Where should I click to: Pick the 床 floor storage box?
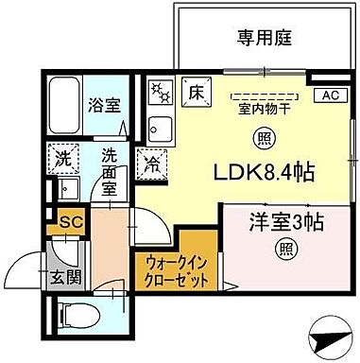click(196, 93)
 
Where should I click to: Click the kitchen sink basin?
click(160, 128)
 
